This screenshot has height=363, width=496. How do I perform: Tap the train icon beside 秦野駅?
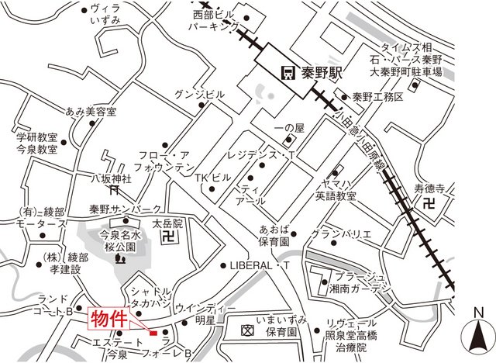(x=287, y=74)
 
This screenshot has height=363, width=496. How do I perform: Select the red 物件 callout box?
(x=108, y=318)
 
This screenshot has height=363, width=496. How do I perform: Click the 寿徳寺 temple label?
(x=430, y=188)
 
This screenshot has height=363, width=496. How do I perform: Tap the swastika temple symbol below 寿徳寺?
(x=430, y=203)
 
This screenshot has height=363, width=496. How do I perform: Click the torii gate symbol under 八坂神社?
(x=114, y=188)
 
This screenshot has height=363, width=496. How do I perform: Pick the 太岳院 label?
(x=167, y=223)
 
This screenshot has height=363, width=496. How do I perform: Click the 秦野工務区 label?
(x=377, y=97)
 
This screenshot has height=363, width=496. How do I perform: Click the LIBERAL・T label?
(x=259, y=265)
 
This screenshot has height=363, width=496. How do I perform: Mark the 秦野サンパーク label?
(x=125, y=209)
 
